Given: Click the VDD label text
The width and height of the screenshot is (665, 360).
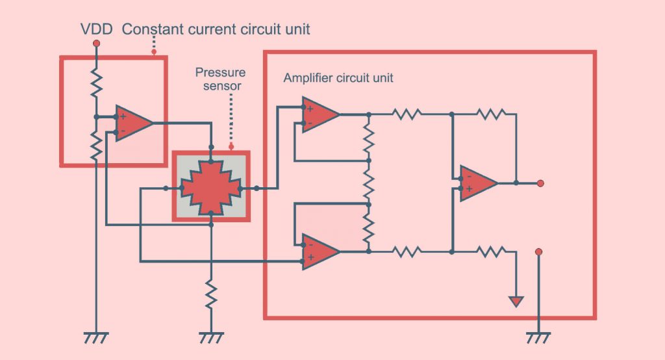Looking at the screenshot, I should [x=95, y=29].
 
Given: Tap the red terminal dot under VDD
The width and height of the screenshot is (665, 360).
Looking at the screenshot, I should [x=96, y=44].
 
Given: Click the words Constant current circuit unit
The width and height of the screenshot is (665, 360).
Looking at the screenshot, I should [x=216, y=29].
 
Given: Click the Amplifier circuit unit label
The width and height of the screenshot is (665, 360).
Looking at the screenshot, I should [x=338, y=78].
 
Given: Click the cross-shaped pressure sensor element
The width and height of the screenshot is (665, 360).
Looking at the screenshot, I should [x=211, y=187].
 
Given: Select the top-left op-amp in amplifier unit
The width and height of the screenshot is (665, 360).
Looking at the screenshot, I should [x=320, y=115].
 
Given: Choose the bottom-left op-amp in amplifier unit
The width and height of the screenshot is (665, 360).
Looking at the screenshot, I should [x=320, y=251].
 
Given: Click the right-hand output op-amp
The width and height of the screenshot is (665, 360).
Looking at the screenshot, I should [x=478, y=183].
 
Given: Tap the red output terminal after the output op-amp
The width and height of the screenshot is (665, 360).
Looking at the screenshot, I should [x=540, y=183].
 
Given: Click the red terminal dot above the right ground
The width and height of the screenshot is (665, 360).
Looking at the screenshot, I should [x=538, y=251].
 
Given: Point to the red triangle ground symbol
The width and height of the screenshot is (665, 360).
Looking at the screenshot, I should [x=516, y=302].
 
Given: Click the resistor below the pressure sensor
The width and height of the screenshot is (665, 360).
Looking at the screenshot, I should [x=210, y=293].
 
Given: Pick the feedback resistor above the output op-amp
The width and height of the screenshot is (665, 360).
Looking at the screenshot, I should [x=490, y=114].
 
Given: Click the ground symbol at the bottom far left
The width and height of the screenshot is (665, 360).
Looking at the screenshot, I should [x=96, y=337].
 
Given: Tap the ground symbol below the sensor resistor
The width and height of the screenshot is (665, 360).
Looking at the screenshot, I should [x=210, y=337].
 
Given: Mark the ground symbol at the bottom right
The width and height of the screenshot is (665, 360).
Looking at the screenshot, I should [x=538, y=337].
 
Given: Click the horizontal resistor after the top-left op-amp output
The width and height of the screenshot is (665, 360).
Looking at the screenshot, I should [x=407, y=114].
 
